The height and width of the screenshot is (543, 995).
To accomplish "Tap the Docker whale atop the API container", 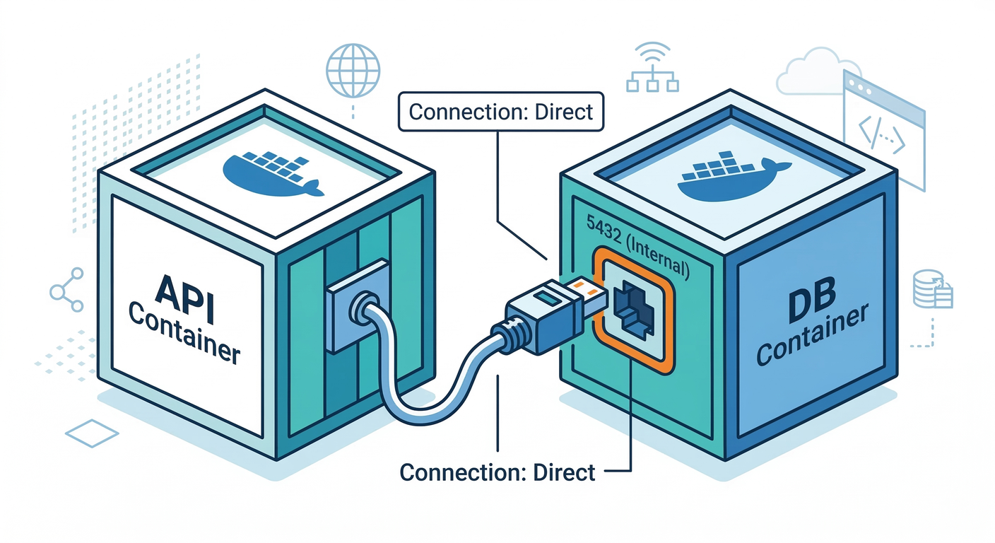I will pos(273,173).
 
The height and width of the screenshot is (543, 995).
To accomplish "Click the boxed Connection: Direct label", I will pos(501,112).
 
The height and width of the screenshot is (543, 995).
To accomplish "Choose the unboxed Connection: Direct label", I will pos(497,472).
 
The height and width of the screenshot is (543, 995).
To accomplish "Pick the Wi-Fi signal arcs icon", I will pos(652,54).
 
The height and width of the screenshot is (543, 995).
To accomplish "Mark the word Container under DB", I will pos(811,338).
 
